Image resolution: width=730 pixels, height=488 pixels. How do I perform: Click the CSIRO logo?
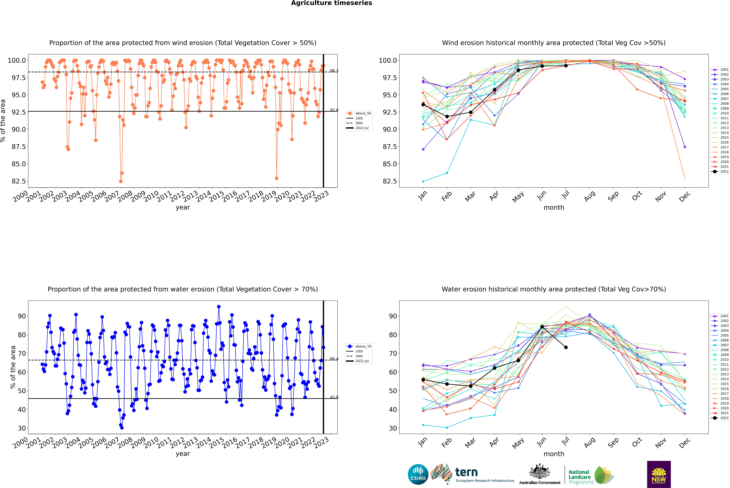point(418,474)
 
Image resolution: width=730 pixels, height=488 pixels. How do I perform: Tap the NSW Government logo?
point(659,474)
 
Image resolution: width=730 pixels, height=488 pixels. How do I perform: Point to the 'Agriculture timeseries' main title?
point(331,3)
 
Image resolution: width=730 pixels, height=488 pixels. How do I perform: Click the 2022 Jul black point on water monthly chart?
point(566,347)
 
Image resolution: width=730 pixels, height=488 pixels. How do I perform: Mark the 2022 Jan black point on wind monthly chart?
point(423,105)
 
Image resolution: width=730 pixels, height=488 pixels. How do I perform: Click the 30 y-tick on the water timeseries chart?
point(22,428)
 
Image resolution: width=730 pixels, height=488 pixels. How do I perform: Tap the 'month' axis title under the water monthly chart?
point(554,454)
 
